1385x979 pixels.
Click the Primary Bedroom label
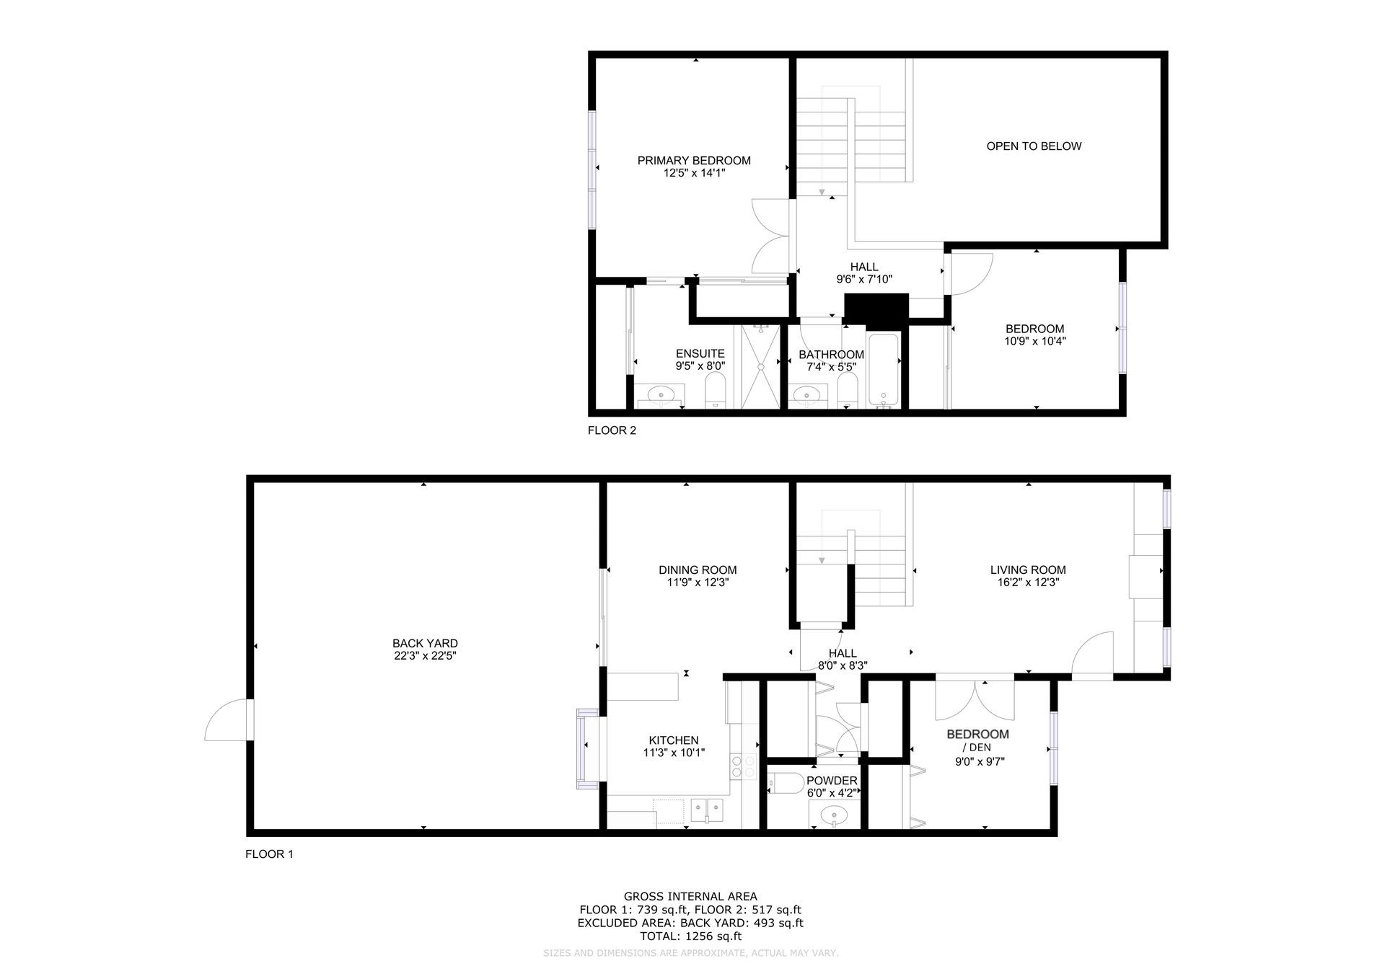694,161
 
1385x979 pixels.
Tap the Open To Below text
1034,146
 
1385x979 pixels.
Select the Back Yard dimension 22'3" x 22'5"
425,656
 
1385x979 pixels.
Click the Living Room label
1028,570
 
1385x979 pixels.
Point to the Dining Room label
698,570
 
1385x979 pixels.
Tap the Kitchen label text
674,740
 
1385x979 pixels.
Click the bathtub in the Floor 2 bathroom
883,371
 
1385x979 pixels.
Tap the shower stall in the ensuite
760,367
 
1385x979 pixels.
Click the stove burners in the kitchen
744,766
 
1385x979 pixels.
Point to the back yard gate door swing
226,719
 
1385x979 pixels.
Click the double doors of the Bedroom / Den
975,700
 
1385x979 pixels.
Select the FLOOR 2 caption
612,431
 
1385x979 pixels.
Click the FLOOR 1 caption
269,854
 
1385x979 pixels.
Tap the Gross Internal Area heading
690,897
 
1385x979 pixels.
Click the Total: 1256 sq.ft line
690,936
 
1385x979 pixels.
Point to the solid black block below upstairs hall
876,311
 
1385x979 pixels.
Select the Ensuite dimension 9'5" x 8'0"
700,366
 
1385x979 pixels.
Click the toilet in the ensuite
716,391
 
